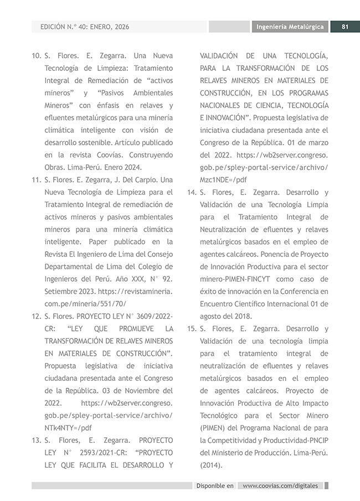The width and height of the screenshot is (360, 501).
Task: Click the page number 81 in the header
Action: click(x=344, y=27)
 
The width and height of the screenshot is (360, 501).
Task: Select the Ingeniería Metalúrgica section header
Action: click(x=290, y=27)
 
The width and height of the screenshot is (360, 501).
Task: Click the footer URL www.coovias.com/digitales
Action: click(x=280, y=485)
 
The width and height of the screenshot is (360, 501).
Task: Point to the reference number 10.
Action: click(x=36, y=56)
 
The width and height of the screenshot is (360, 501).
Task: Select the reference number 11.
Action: click(x=36, y=180)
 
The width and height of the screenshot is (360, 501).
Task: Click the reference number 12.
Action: click(x=36, y=316)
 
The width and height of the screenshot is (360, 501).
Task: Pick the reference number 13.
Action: click(x=36, y=440)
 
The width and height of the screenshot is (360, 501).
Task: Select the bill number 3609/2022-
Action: click(x=150, y=316)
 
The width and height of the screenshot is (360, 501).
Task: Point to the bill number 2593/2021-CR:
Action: click(x=94, y=453)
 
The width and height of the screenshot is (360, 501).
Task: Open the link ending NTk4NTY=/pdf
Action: click(x=68, y=428)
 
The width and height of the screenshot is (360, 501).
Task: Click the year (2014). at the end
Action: click(x=211, y=465)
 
